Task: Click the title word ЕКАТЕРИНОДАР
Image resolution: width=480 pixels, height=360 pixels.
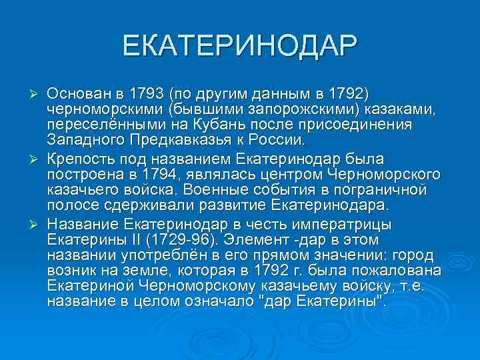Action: [240, 46]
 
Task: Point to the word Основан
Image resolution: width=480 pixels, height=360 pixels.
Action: [73, 91]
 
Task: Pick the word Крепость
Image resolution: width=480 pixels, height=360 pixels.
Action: [75, 158]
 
